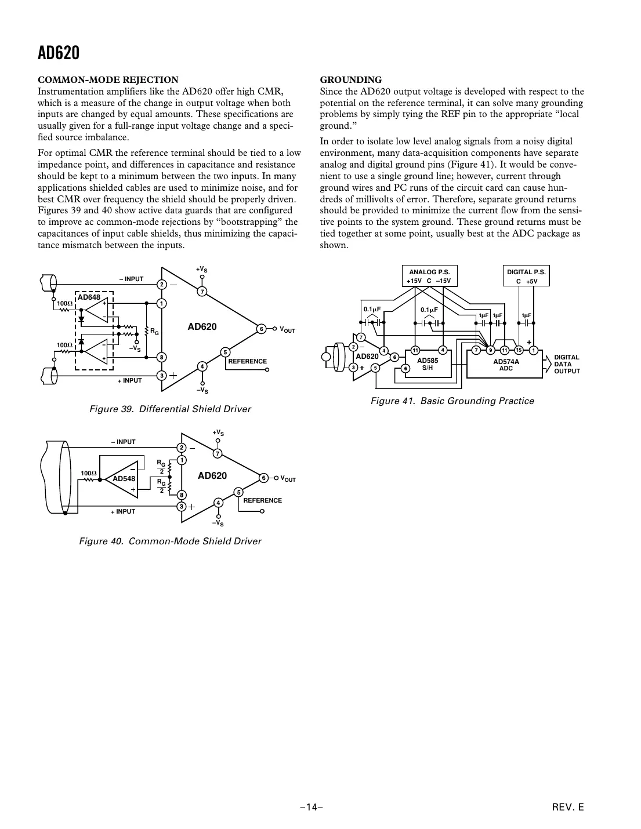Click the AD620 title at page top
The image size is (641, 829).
point(59,53)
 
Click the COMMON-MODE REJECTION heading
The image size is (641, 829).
point(108,80)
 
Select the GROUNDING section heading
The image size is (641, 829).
point(351,80)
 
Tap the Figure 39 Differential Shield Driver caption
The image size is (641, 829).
point(170,409)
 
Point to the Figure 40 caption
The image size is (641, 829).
point(170,541)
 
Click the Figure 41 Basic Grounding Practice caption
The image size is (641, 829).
point(452,401)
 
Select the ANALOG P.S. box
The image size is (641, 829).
point(429,276)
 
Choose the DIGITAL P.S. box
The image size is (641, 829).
point(526,276)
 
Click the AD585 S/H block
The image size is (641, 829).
point(428,363)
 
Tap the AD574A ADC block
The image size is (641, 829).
point(505,364)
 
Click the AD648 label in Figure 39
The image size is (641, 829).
point(89,297)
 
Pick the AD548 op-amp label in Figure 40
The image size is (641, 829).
point(124,479)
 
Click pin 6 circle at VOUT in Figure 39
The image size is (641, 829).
point(262,329)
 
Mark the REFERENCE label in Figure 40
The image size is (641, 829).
point(262,500)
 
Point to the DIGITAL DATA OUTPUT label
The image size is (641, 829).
point(567,364)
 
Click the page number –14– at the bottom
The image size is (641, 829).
point(311,807)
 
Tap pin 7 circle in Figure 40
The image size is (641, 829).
point(218,453)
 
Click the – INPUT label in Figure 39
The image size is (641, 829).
point(131,279)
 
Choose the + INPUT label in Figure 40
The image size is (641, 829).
point(123,511)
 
